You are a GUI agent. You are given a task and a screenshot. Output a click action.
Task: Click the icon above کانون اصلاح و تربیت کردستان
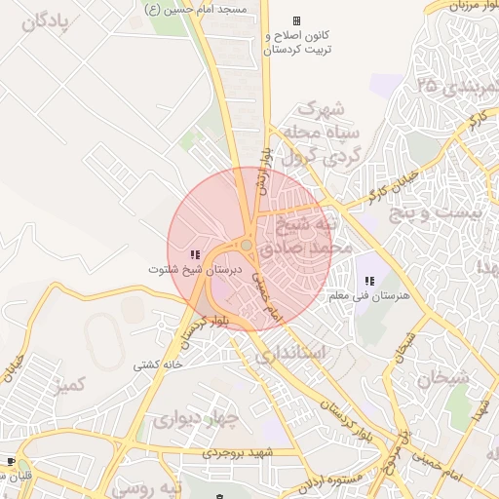tap(296, 20)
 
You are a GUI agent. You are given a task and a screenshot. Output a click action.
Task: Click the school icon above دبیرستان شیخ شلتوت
tap(195, 254)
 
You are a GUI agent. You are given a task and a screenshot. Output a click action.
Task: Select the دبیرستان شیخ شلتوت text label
tap(194, 268)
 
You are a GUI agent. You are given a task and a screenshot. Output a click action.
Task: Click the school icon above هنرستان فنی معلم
tap(368, 281)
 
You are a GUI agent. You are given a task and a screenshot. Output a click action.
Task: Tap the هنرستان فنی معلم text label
tap(368, 294)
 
